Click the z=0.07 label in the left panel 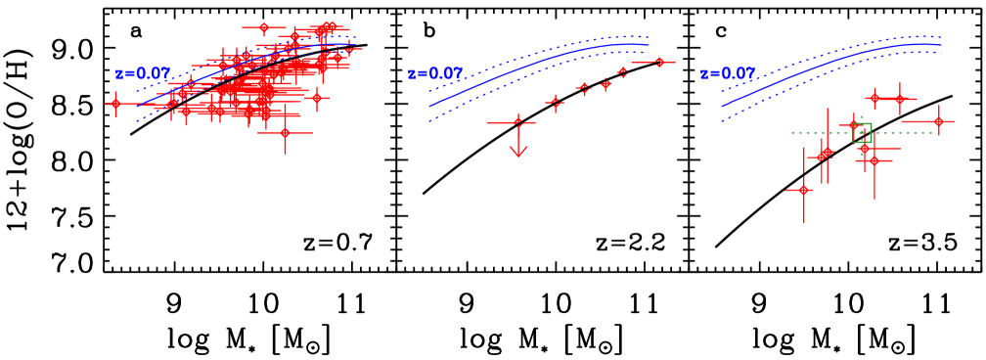coord(143,74)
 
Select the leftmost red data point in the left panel coord(115,104)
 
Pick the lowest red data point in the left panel coord(285,132)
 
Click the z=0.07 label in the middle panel coord(435,74)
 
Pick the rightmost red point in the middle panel coord(659,62)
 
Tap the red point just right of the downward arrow coord(555,101)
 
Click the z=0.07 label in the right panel coord(728,74)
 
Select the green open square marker coord(862,133)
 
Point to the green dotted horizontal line coord(812,133)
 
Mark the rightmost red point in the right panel coord(938,121)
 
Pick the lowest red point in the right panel coord(803,190)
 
